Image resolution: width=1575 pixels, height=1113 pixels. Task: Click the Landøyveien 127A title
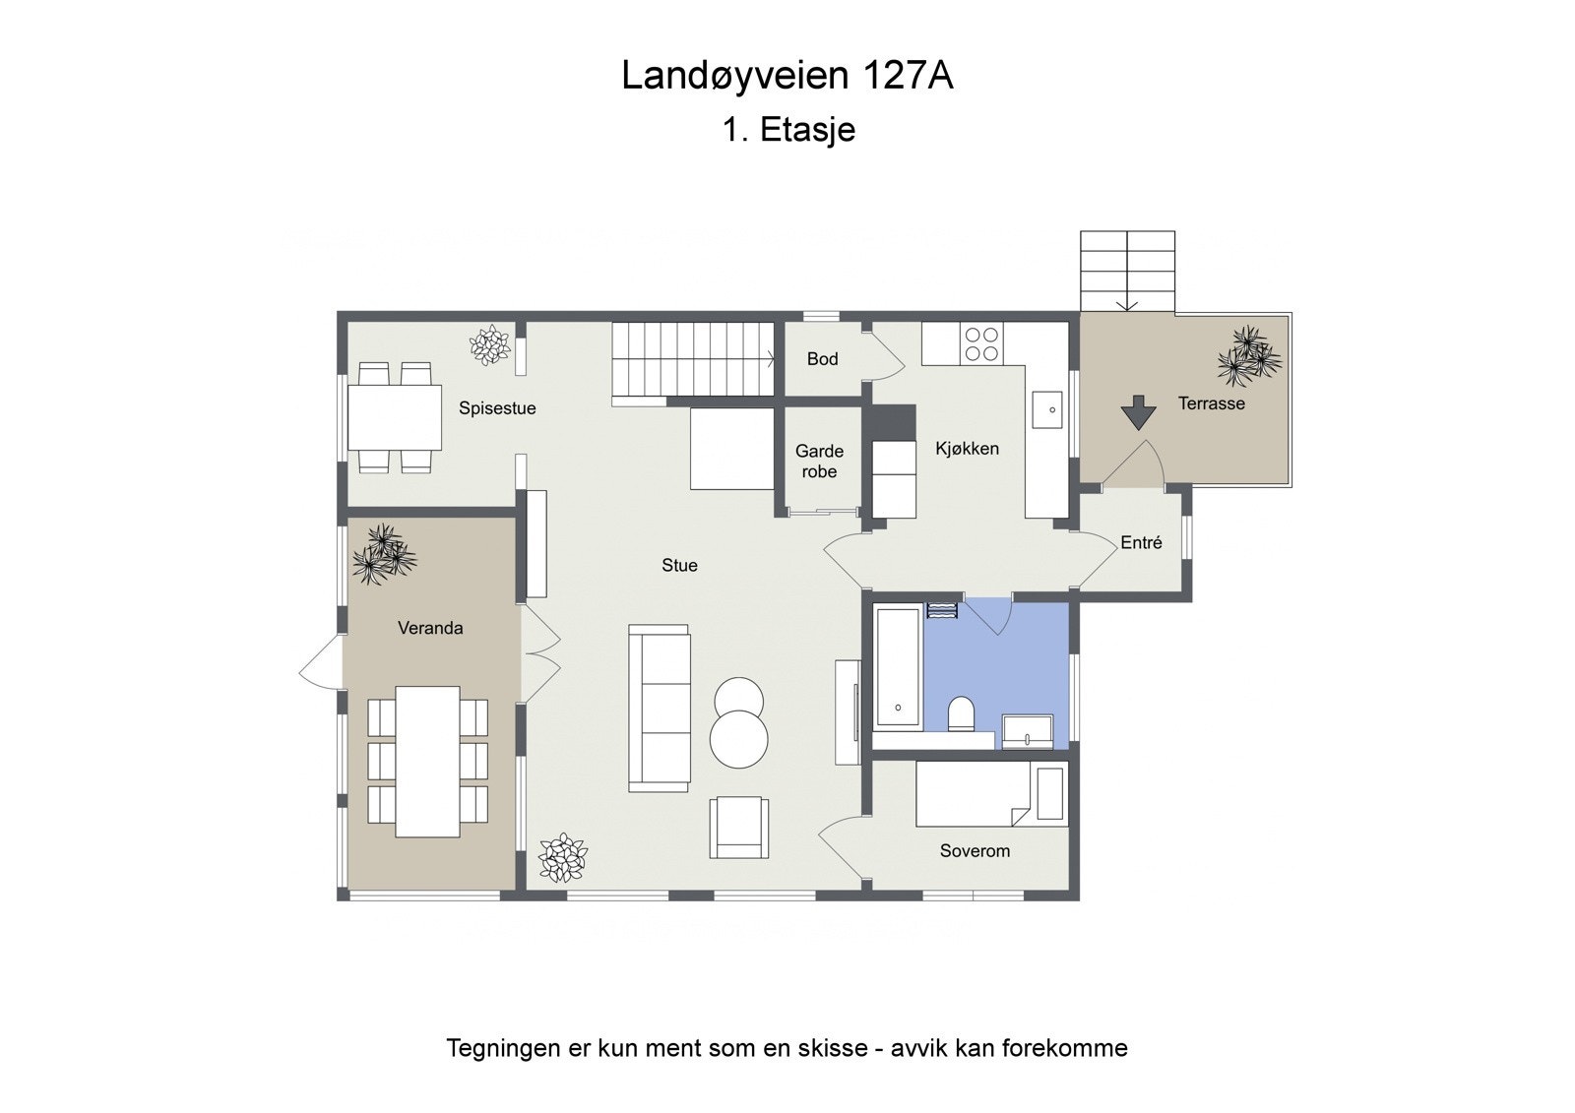[787, 76]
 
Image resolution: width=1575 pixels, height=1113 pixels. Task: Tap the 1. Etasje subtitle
[788, 130]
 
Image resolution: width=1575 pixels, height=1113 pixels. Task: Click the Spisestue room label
[497, 408]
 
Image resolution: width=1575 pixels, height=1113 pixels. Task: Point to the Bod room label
[822, 359]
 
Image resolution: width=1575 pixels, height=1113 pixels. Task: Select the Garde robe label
[819, 462]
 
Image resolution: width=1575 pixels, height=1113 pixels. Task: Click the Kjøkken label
[967, 449]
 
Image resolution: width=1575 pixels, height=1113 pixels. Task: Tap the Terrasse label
[1211, 403]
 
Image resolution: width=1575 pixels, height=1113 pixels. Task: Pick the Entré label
[1141, 542]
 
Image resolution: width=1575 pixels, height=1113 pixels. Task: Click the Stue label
[679, 565]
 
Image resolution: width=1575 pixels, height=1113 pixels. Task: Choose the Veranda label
[430, 628]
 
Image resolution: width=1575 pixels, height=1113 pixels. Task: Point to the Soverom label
[975, 851]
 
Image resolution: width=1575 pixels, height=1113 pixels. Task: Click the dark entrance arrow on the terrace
[1138, 411]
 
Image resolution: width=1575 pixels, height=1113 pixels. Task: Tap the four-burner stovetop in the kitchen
[981, 344]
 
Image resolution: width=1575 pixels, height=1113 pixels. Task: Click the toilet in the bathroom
[961, 713]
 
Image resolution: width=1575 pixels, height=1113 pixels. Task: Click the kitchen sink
[1047, 409]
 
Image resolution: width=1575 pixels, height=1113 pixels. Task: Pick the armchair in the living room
[739, 827]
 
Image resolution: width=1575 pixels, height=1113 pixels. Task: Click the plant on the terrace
[1249, 356]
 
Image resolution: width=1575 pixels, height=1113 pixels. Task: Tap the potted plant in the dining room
[489, 345]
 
